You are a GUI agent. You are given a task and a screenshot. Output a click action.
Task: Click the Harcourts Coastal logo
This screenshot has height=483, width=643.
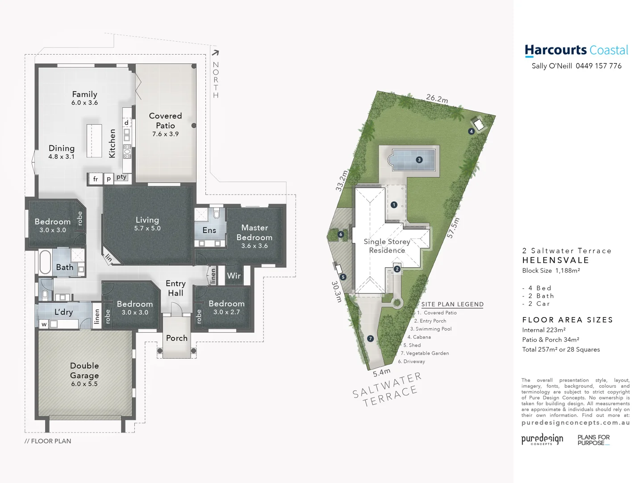pos(576,51)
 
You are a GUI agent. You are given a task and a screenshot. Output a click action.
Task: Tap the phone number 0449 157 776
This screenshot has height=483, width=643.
pos(598,66)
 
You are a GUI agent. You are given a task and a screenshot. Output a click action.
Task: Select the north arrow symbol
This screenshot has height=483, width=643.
pos(215,53)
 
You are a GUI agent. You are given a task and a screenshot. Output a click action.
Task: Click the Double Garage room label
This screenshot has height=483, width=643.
pos(84,371)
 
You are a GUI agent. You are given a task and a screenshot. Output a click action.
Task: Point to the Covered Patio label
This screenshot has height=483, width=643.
pos(165,121)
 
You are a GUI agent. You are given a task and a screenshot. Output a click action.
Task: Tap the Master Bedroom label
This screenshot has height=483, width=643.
pos(255,233)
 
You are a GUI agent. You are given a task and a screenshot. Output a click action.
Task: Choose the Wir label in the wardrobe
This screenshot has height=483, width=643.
pos(234,275)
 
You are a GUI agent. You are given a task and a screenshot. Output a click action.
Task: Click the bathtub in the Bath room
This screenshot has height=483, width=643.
pos(45,262)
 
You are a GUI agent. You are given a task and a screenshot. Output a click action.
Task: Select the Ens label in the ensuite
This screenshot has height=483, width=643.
pos(209,230)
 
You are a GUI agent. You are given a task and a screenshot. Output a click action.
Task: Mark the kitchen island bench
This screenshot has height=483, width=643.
pos(94,140)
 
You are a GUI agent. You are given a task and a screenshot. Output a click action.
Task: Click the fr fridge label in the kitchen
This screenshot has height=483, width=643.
pos(96,179)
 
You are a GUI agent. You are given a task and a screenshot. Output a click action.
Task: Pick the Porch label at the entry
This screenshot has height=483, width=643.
pos(177,338)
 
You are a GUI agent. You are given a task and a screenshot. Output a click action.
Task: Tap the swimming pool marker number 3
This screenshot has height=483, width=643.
pos(419,160)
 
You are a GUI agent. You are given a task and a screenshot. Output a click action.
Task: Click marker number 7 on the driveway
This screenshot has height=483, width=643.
pos(370,339)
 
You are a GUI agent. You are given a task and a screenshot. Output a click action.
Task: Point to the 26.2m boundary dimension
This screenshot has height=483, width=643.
pos(437,98)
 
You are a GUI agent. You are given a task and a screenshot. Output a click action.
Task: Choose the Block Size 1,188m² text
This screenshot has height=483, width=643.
pos(551,271)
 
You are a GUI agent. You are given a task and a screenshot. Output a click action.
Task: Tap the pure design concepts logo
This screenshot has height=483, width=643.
pos(542,439)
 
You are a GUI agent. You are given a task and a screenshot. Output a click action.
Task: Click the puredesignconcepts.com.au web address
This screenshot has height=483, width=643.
pos(576,423)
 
